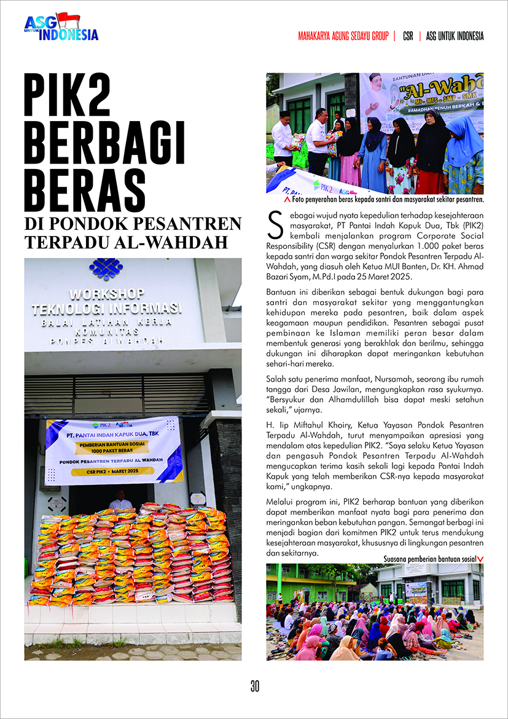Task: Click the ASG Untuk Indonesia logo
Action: coord(61,28)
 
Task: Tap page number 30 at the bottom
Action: coord(254,686)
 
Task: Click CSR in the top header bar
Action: coord(408,36)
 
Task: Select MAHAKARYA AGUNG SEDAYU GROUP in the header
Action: coord(343,36)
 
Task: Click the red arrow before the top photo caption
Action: coord(287,200)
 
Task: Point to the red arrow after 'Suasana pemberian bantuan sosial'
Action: coord(480,559)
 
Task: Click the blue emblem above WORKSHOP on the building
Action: coord(106,269)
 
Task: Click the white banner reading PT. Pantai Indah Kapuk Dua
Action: coord(114,450)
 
